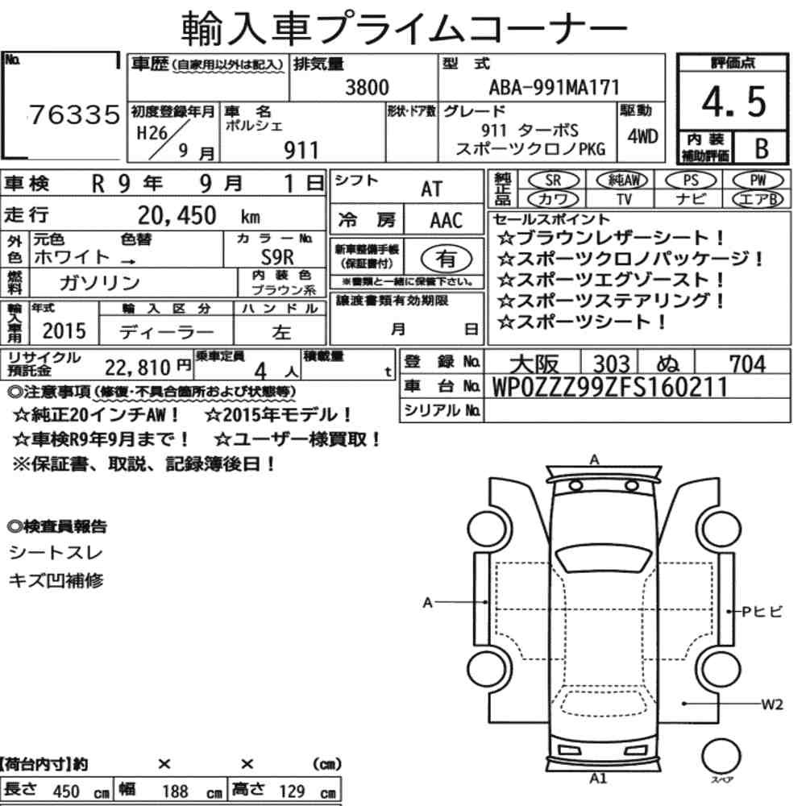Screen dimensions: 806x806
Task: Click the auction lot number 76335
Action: coord(74,114)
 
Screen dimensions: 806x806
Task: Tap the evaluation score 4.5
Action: coord(733,102)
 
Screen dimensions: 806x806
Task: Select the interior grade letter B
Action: coord(762,148)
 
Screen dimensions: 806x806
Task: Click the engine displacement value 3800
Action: coord(367,87)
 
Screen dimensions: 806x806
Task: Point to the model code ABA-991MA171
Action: coord(555,87)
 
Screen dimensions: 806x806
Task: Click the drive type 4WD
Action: coord(642,137)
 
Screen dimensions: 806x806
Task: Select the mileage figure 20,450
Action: coord(177,215)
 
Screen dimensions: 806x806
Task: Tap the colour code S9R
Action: coord(277,256)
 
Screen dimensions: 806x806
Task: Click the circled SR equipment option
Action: coord(553,180)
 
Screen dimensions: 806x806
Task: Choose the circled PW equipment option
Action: coord(758,180)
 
